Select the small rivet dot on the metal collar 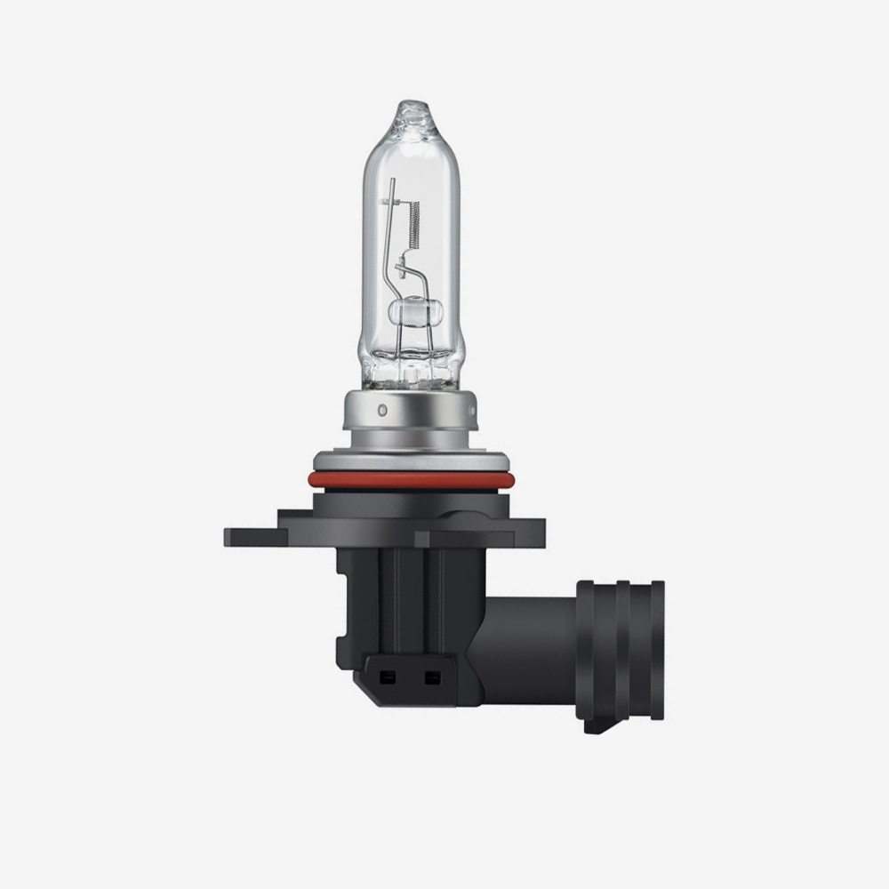pyautogui.click(x=382, y=412)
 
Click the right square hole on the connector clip pyautogui.click(x=432, y=677)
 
